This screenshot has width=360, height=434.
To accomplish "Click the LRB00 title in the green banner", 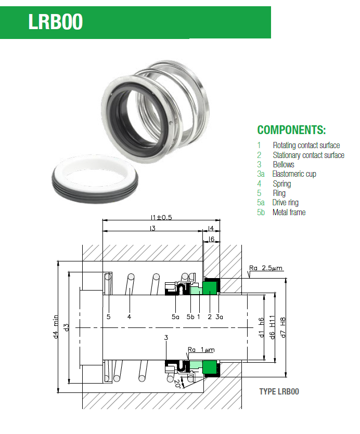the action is click(x=56, y=22).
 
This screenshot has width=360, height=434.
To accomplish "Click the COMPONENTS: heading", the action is click(x=291, y=130).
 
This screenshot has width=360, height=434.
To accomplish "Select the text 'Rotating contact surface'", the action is click(x=306, y=146).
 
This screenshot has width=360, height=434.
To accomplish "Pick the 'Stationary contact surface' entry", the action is click(x=308, y=155).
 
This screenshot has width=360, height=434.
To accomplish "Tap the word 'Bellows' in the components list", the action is click(x=284, y=164).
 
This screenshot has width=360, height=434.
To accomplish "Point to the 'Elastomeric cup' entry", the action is click(x=294, y=174).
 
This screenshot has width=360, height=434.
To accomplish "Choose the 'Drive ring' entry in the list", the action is click(x=285, y=203).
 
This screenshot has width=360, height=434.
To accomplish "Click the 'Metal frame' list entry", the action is click(x=289, y=212).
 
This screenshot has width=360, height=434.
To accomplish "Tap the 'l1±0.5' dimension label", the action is click(x=161, y=217).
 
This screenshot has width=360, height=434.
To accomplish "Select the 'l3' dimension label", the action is click(x=152, y=228).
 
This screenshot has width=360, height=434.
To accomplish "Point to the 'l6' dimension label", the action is click(x=211, y=239).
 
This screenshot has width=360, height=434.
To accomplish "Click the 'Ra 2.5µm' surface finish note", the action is click(x=265, y=268).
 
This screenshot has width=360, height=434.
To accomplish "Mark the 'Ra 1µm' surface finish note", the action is click(x=201, y=350).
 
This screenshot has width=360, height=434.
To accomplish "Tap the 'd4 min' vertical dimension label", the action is click(x=56, y=326).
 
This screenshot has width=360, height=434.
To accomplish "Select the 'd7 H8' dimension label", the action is click(x=282, y=327).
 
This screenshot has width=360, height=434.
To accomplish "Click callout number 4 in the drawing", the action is click(x=129, y=317).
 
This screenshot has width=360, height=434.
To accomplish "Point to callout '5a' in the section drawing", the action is click(x=175, y=317).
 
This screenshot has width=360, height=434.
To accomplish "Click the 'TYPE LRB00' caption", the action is click(x=279, y=391).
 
